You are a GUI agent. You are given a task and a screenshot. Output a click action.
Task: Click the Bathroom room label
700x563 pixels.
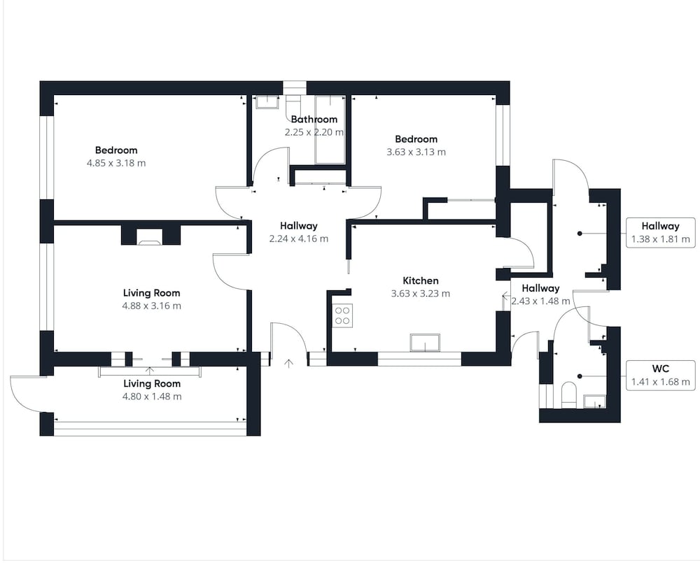314,119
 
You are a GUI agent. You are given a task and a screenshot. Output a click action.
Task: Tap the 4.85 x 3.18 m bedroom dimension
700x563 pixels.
116,163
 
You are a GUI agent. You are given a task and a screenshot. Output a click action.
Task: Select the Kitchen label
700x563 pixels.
421,280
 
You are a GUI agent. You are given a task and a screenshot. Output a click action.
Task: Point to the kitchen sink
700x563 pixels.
425,343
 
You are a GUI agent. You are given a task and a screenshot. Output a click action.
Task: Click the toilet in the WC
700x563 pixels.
569,394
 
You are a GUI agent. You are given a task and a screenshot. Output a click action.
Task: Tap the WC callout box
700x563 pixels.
661,376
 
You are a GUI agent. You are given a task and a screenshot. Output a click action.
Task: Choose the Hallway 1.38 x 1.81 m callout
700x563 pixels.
661,232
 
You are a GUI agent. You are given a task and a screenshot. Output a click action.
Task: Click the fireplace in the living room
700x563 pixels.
150,236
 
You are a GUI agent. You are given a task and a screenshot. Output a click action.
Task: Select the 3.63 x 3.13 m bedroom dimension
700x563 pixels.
416,152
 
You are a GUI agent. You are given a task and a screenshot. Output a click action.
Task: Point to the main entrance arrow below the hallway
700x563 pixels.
289,364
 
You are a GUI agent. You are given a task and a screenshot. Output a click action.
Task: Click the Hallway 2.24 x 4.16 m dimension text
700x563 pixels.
299,238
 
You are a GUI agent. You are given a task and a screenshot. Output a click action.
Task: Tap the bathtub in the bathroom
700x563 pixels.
330,130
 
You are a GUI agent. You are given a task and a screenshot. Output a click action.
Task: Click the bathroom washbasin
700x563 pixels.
267,102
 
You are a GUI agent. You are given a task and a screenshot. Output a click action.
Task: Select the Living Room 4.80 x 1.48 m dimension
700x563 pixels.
152,396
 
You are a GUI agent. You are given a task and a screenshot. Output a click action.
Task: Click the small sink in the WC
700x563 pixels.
594,401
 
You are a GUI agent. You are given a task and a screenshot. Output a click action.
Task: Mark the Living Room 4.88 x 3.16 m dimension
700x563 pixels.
152,306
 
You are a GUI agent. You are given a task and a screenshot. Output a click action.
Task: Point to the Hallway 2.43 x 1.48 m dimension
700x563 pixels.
540,301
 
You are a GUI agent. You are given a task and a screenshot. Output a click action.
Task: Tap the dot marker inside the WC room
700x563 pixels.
580,376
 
